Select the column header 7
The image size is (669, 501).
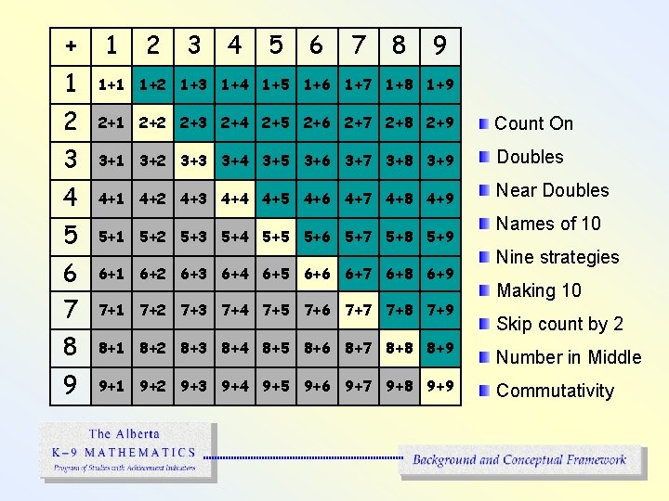coord(358,45)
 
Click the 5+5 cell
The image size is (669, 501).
coord(276,237)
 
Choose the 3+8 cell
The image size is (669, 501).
coord(399,161)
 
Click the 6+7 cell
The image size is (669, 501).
coord(358,274)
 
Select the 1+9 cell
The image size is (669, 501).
coord(439,85)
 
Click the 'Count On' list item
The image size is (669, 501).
coord(533,123)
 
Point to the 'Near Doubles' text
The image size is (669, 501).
coord(552,190)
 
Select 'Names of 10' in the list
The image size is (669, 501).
coord(548,224)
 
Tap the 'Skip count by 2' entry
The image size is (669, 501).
coord(559,324)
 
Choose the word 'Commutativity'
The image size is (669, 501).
coord(555,391)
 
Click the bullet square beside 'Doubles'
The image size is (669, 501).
coord(484,157)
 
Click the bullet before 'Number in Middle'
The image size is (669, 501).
coord(484,357)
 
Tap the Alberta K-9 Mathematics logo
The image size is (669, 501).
coord(127,451)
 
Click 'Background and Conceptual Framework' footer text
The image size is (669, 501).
coord(519,459)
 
